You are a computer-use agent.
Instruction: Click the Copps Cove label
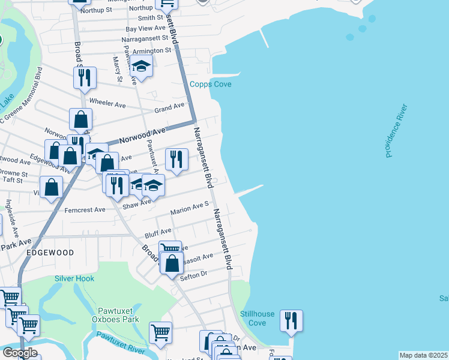pyautogui.click(x=211, y=84)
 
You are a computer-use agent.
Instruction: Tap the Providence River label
pyautogui.click(x=397, y=131)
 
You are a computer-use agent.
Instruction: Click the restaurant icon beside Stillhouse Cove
pyautogui.click(x=291, y=320)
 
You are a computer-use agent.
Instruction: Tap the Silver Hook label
pyautogui.click(x=74, y=278)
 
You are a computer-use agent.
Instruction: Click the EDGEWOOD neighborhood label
pyautogui.click(x=50, y=253)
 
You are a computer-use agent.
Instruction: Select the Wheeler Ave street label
pyautogui.click(x=107, y=104)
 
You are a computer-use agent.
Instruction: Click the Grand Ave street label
pyautogui.click(x=169, y=108)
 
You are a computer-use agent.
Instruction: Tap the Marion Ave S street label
pyautogui.click(x=189, y=208)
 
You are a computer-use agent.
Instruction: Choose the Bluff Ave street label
pyautogui.click(x=157, y=230)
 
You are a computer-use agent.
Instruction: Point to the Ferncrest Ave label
pyautogui.click(x=83, y=210)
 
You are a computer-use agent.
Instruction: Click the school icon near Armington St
pyautogui.click(x=142, y=67)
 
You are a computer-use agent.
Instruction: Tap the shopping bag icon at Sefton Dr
pyautogui.click(x=172, y=263)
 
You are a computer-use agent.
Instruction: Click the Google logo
pyautogui.click(x=19, y=353)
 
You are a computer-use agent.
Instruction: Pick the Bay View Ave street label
pyautogui.click(x=145, y=28)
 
